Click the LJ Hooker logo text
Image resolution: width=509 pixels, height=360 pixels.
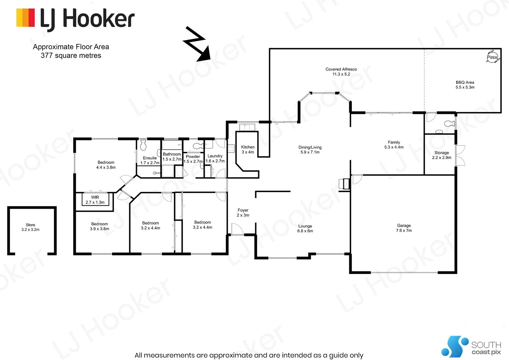tap(87, 19)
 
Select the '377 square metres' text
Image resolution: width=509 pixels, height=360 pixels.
tap(71, 56)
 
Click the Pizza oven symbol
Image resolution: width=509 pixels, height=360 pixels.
tap(492, 57)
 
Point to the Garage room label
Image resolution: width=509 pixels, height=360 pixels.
tap(404, 226)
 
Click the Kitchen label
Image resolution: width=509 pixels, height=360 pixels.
tap(248, 147)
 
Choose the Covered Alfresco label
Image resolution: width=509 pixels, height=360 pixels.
tap(341, 69)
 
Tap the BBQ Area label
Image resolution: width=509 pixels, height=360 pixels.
tap(465, 82)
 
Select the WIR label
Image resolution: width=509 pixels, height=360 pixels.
tap(95, 197)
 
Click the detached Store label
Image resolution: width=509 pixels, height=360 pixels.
tap(30, 225)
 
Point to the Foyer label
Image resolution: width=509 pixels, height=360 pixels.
tap(243, 210)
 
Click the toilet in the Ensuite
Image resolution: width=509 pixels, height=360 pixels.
tap(143, 145)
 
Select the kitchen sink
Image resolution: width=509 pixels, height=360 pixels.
tap(247, 127)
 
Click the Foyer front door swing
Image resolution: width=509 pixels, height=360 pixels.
tap(236, 229)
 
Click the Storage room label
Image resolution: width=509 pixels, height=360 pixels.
tap(441, 153)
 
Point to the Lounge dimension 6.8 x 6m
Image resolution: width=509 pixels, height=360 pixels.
tap(305, 231)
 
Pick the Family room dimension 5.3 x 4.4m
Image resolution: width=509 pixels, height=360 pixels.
tap(394, 147)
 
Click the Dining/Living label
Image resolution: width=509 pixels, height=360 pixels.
tap(310, 147)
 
